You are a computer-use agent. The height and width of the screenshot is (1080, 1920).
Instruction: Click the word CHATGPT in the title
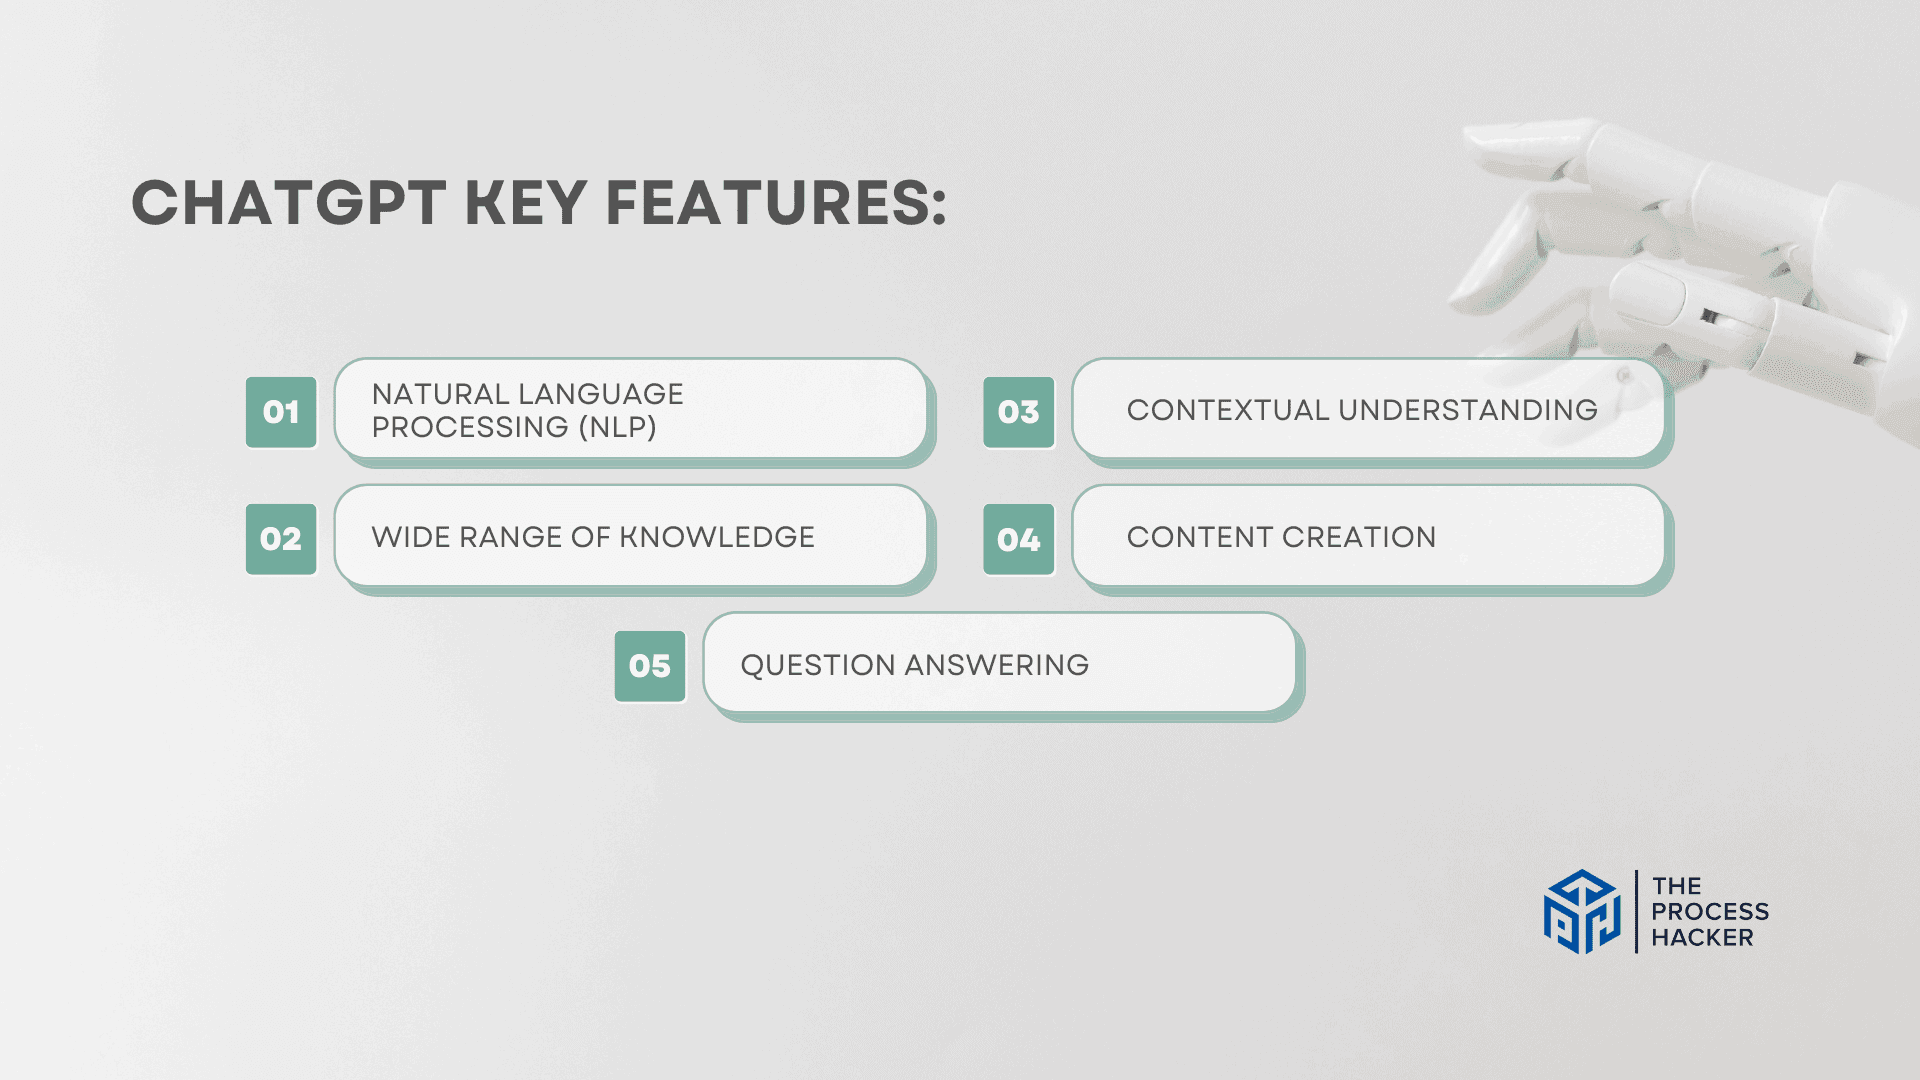pos(288,203)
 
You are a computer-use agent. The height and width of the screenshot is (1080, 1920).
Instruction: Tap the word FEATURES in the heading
pos(776,203)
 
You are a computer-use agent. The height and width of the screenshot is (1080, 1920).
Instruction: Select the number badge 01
pos(281,412)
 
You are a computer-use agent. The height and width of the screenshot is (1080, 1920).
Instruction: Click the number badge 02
pos(281,539)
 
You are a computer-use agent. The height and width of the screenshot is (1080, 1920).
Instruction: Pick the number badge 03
pos(1018,412)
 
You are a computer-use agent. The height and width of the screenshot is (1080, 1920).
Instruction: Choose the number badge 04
pos(1018,540)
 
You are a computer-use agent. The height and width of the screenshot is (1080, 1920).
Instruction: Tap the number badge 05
pos(650,666)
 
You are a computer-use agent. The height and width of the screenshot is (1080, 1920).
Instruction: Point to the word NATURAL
pos(441,394)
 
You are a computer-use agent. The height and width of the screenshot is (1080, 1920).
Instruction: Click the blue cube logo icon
pos(1581,912)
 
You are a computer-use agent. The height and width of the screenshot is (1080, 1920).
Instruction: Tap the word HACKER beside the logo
pos(1702,938)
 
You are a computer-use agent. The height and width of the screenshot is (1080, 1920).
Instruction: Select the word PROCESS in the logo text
pos(1710,912)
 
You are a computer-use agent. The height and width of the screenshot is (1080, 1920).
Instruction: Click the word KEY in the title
pos(526,203)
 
